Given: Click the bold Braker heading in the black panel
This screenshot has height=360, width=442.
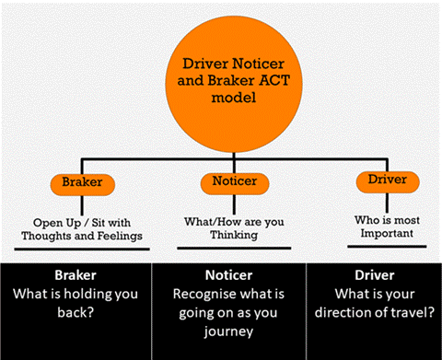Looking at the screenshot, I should point(76,275).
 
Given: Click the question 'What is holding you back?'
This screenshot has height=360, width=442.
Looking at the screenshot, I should point(76,303).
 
